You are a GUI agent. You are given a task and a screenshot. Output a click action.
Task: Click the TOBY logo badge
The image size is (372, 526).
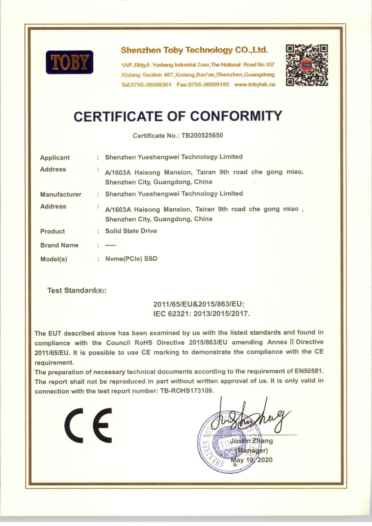[x=69, y=62]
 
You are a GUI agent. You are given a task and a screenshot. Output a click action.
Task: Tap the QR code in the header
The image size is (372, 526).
[x=307, y=65]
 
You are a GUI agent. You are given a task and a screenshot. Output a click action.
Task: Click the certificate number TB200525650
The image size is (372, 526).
[x=202, y=135]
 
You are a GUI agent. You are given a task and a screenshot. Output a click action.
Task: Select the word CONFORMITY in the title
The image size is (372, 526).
[x=236, y=116]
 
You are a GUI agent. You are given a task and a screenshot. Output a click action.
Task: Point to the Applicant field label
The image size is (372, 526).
[x=55, y=158]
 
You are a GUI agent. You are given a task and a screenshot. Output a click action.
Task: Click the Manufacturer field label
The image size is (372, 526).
[x=61, y=195]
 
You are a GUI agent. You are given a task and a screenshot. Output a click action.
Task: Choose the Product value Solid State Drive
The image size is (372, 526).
[x=131, y=231]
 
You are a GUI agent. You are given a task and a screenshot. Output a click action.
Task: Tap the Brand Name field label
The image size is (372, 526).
[x=59, y=245]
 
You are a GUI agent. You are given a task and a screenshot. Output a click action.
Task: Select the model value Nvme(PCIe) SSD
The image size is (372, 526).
[x=131, y=259]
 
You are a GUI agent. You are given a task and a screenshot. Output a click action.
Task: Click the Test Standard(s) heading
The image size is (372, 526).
[x=77, y=290]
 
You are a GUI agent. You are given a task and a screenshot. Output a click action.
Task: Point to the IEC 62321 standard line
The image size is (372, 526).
[x=201, y=313]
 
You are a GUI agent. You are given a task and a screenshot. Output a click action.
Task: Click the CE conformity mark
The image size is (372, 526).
[x=89, y=425]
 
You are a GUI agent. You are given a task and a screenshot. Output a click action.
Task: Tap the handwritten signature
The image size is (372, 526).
[x=248, y=417]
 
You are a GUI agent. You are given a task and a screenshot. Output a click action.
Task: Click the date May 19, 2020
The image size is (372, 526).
[x=251, y=460]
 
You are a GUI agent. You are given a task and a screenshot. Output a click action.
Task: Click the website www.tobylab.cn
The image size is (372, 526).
[x=255, y=84]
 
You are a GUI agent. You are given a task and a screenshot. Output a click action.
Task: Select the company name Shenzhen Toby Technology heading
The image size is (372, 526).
[x=194, y=50]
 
